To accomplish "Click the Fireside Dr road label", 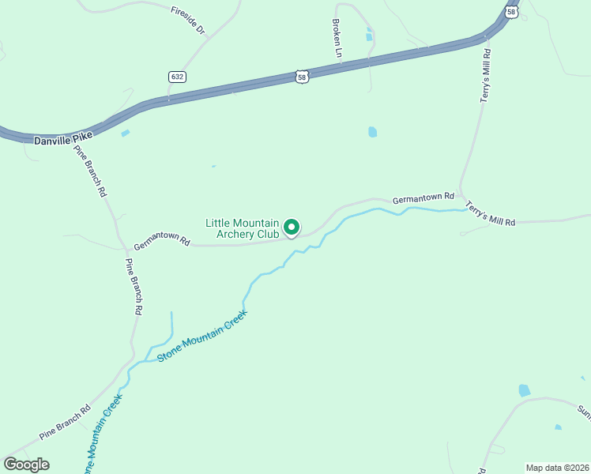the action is [x=188, y=20].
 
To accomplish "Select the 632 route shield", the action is [x=177, y=77].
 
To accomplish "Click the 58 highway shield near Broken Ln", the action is [x=302, y=76].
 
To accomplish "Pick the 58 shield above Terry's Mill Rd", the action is [x=512, y=13].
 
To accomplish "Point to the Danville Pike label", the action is [x=63, y=139].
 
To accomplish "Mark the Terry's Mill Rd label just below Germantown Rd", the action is [x=490, y=213].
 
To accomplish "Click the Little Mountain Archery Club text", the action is [x=242, y=229].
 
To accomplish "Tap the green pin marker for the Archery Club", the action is [x=291, y=228].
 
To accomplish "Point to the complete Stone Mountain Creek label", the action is [x=202, y=336].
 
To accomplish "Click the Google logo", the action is [x=27, y=465].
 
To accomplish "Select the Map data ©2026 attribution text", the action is [x=557, y=468].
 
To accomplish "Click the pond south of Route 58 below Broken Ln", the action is [x=372, y=132].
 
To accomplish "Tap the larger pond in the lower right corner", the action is [x=524, y=390].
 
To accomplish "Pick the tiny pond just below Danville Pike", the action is [x=125, y=134].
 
